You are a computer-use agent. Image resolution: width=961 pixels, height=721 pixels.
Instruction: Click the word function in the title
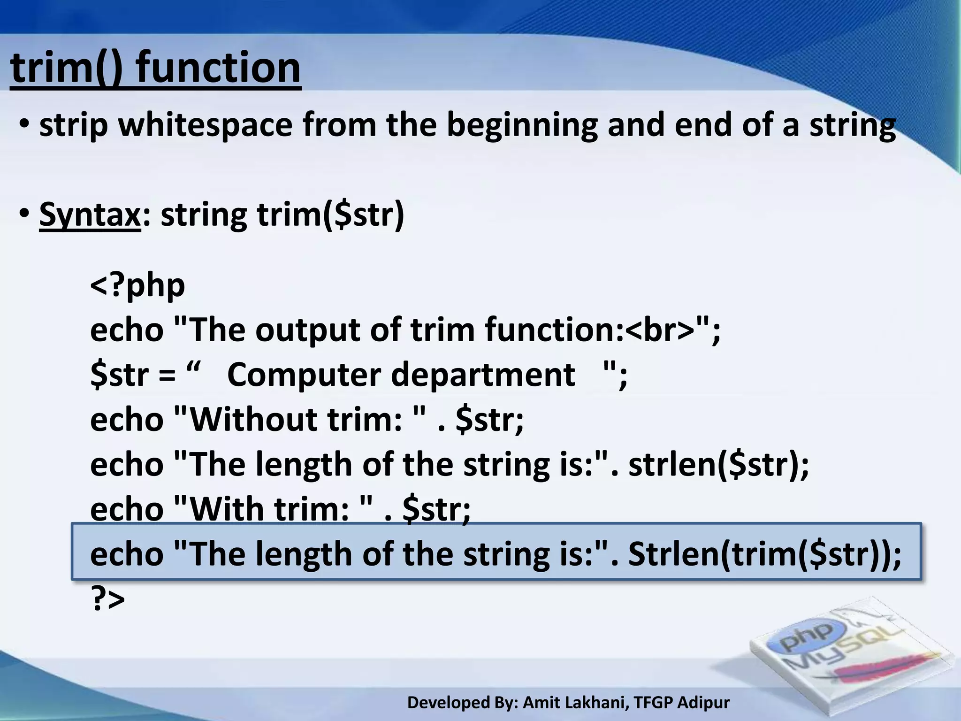click(218, 68)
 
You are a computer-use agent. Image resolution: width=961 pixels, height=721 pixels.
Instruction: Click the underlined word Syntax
click(90, 215)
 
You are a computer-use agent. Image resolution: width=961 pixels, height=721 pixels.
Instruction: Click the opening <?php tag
click(137, 285)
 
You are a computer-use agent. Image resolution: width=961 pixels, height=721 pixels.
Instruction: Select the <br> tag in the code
click(659, 330)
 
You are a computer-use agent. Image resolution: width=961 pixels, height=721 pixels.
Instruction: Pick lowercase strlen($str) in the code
click(718, 464)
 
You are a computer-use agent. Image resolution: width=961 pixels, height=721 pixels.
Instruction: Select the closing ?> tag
click(107, 599)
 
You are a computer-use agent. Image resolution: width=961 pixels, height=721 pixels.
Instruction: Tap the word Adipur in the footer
click(704, 702)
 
